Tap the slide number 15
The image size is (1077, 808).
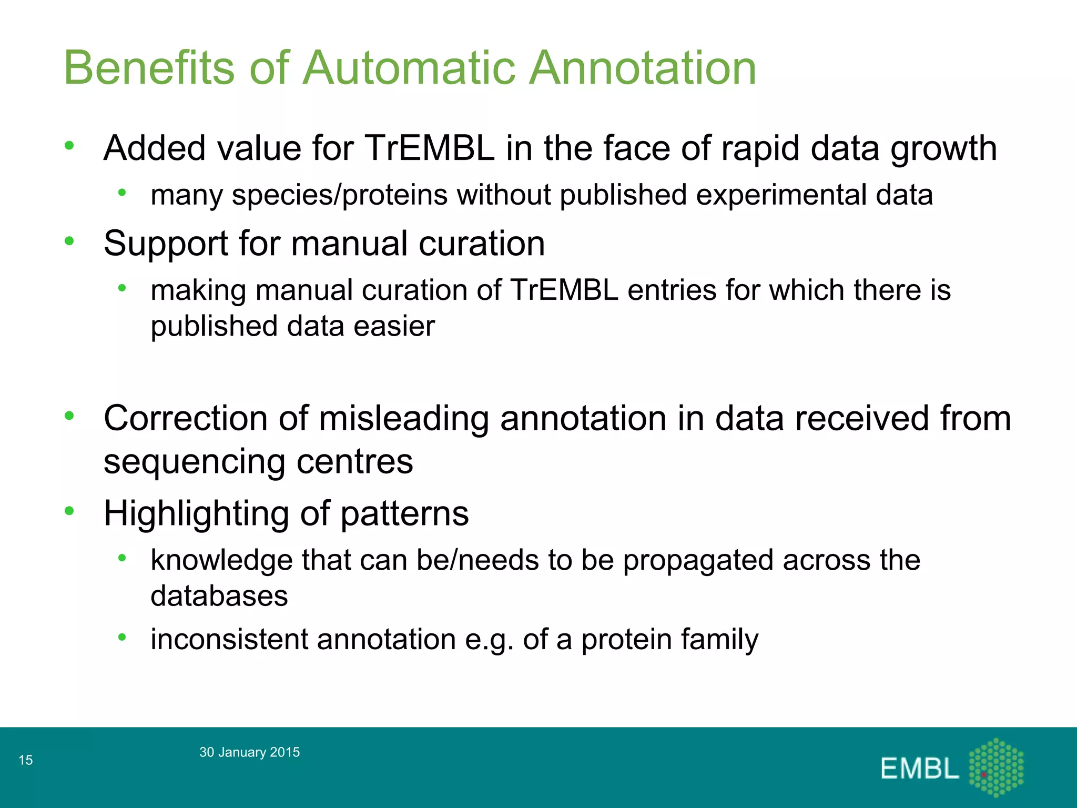[x=26, y=760]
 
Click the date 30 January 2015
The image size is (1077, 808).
[x=249, y=752]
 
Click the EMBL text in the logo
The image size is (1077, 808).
[x=919, y=769]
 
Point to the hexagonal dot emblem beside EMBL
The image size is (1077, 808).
[x=996, y=767]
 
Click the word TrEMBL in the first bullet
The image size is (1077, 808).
[x=429, y=148]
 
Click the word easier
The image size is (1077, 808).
[x=394, y=326]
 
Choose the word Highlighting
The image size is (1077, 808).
[x=196, y=514]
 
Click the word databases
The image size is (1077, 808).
[x=219, y=596]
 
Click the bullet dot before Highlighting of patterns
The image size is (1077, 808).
[x=69, y=511]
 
